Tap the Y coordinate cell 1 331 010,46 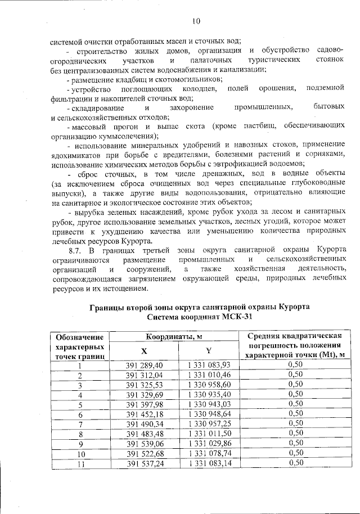click(209, 375)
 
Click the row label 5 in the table click(80, 404)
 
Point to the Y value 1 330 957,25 click(209, 424)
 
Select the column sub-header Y click(209, 350)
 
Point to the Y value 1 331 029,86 click(209, 444)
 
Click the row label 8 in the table click(80, 434)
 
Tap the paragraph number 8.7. click(75, 249)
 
